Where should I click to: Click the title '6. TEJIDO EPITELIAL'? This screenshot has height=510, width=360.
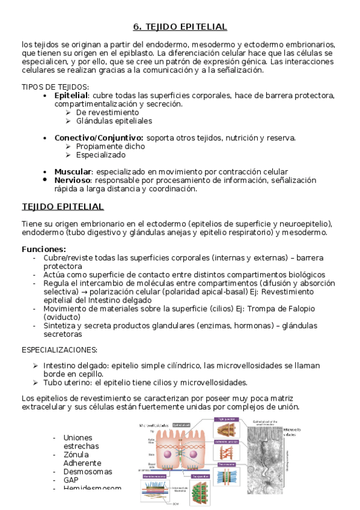point(180,27)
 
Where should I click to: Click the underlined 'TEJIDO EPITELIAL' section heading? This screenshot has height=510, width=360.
point(63,207)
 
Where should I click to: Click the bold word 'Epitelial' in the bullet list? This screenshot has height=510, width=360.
point(71,96)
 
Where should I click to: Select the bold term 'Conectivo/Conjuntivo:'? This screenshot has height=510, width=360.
point(99,138)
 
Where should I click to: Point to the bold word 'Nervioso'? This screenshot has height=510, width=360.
point(73,180)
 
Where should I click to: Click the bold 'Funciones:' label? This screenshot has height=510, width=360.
point(44,249)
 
